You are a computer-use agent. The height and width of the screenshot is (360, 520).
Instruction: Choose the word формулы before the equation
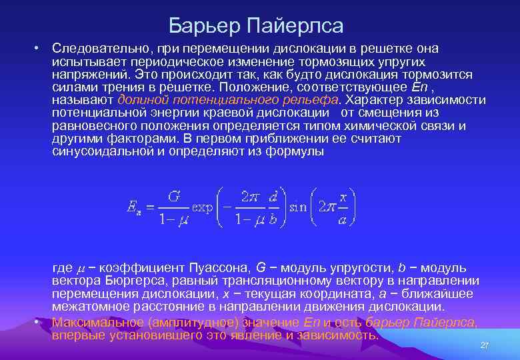pos(297,151)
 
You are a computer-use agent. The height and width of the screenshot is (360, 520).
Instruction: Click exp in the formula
pos(202,207)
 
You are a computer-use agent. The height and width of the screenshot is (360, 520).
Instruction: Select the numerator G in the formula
pos(175,197)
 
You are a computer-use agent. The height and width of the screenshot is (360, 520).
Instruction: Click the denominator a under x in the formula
pos(343,220)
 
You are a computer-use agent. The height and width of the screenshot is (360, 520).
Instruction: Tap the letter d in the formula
pos(273,197)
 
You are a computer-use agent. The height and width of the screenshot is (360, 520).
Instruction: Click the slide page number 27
pos(485,345)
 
